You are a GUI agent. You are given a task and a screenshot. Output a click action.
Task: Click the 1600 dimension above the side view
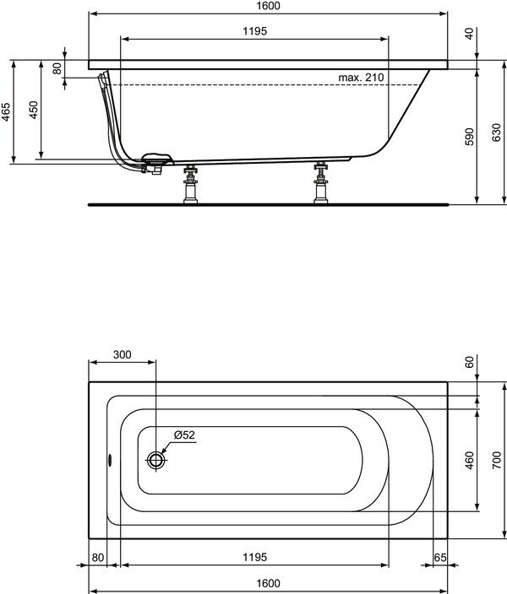point(266,6)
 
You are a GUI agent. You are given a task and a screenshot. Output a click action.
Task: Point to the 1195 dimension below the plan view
point(254,557)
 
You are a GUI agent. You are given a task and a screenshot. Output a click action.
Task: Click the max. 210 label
point(361,78)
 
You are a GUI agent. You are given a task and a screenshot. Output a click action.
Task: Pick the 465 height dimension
point(7,112)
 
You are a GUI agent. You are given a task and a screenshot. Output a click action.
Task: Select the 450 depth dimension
point(34,111)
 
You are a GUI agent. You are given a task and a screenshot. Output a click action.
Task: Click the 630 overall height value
point(497,132)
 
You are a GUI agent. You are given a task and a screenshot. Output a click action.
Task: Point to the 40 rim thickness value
point(470,34)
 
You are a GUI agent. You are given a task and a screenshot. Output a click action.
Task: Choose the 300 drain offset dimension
point(122,354)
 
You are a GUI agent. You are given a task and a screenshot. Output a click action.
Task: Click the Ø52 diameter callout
point(184,435)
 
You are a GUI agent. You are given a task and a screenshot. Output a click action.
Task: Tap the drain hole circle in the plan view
point(156,460)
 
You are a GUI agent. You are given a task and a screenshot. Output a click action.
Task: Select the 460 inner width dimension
point(470,461)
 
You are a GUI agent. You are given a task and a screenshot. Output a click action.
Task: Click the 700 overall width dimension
point(497,459)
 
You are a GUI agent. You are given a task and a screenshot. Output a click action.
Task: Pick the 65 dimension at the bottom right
point(439,557)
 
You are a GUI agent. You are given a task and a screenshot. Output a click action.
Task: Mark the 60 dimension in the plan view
point(470,362)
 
